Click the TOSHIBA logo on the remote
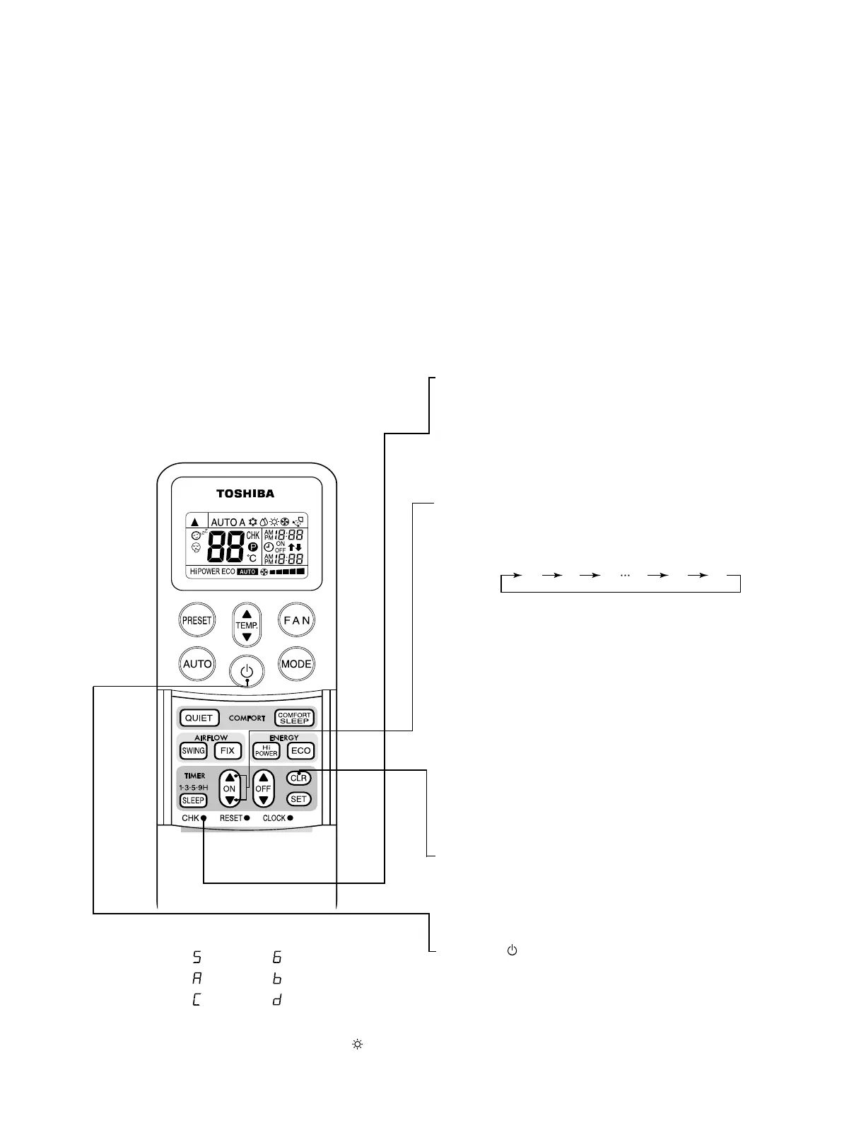[x=245, y=494]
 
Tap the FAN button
[x=296, y=620]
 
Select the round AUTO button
[x=197, y=663]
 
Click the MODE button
[x=296, y=663]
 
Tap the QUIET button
[x=199, y=718]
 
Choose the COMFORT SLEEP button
[x=294, y=718]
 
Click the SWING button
[x=193, y=751]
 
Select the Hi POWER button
[x=266, y=751]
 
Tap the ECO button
[x=300, y=751]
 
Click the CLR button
[x=299, y=778]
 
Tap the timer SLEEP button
[x=193, y=801]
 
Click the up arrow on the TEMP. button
[x=247, y=614]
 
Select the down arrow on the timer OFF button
[x=263, y=801]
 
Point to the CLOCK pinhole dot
[x=290, y=818]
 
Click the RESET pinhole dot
[x=247, y=818]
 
